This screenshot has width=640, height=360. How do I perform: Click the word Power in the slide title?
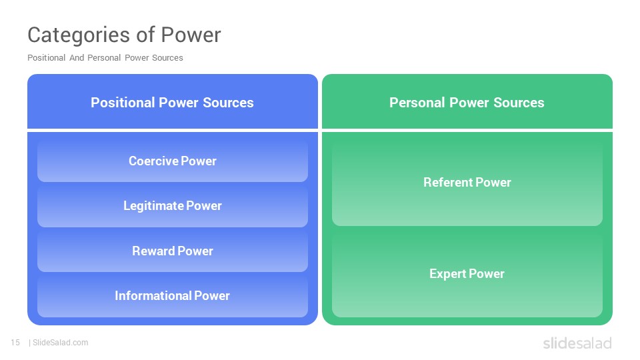[191, 35]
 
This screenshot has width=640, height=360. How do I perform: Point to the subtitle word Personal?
[104, 58]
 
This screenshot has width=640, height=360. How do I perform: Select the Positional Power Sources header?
[173, 101]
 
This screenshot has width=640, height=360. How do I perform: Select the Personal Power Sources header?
[467, 101]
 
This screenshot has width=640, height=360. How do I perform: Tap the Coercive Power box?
[173, 161]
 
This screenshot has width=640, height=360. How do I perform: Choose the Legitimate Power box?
[173, 206]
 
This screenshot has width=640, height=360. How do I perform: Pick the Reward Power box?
[173, 251]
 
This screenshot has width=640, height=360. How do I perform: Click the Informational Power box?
[173, 295]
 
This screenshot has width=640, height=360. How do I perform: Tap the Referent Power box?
[467, 183]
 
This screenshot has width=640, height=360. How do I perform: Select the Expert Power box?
[467, 273]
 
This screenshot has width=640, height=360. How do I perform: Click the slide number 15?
[15, 343]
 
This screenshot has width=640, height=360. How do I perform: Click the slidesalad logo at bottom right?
[577, 343]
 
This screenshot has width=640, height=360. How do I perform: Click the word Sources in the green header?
[519, 103]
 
